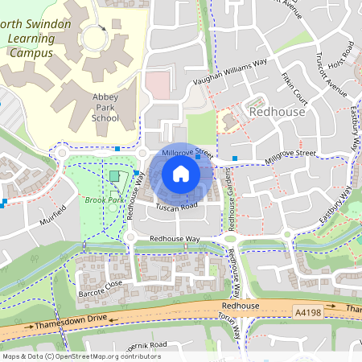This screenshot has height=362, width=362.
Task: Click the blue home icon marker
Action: coord(181,174)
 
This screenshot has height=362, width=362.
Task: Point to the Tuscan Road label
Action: coord(176,208)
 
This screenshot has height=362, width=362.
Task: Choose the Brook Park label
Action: coord(99,200)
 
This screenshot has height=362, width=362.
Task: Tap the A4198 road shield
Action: coord(310,310)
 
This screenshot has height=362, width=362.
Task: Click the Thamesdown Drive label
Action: coord(71,325)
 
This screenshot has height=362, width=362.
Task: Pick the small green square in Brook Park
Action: coord(113,176)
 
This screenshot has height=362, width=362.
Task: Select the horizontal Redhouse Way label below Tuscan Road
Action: coord(175,240)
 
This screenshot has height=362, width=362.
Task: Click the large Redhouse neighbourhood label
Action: coord(278,112)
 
